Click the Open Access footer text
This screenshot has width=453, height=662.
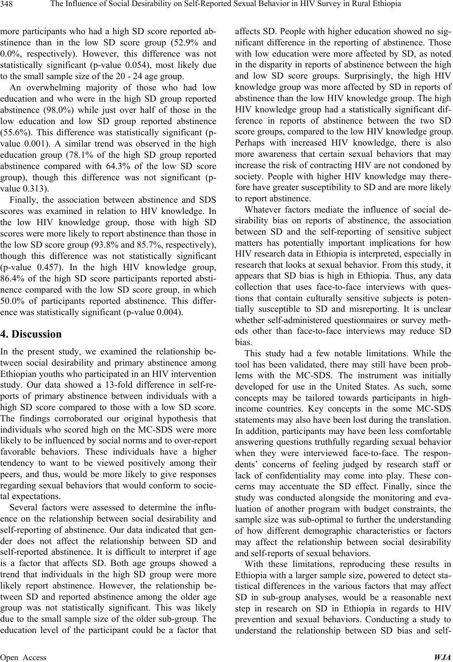pos(23,656)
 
